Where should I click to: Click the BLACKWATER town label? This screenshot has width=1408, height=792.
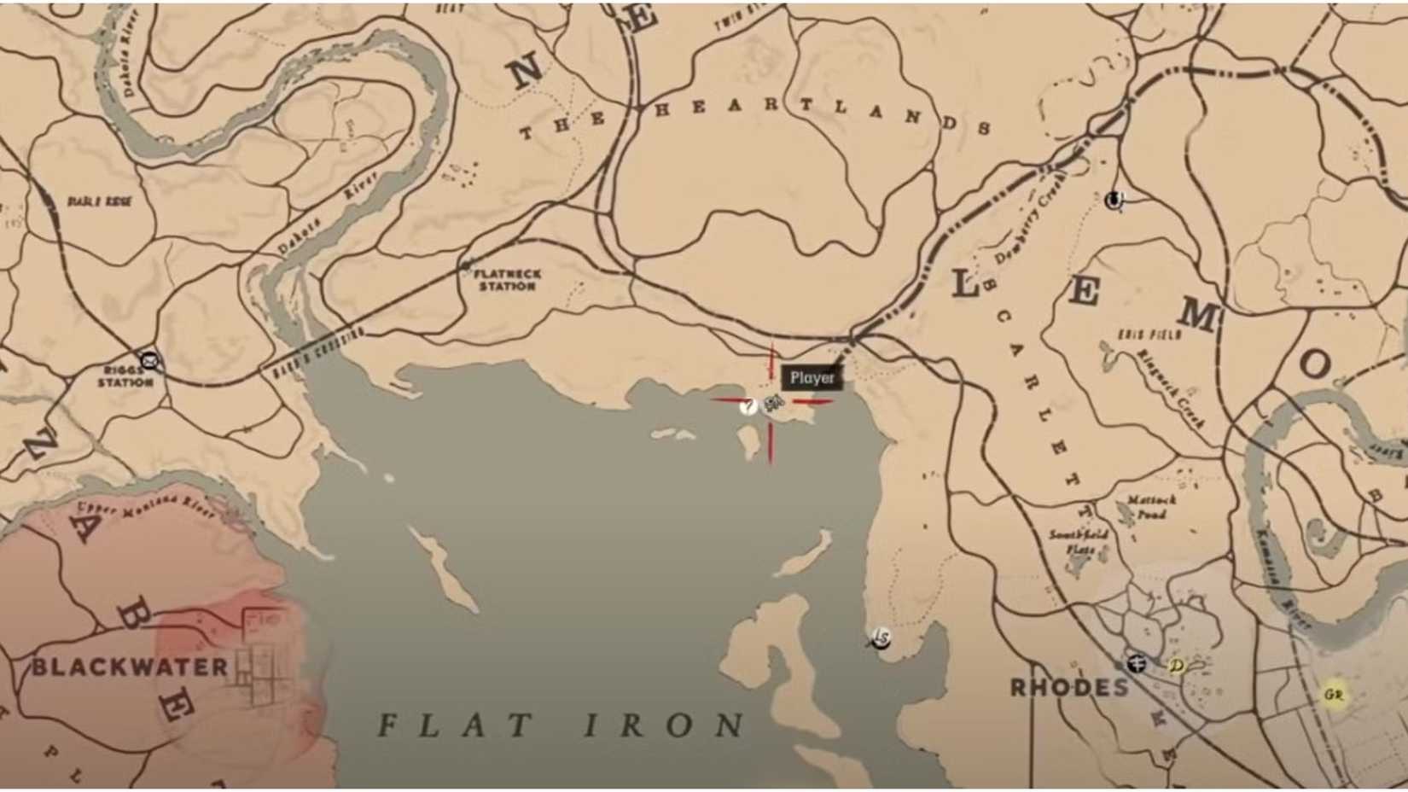coord(130,667)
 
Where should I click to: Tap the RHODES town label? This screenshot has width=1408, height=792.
coord(1069,687)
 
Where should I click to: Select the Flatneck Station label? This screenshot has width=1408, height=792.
coord(506,280)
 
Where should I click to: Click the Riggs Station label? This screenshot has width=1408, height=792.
coord(125,376)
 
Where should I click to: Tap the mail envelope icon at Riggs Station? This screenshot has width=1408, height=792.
coord(151,360)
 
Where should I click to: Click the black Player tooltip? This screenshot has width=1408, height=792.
coord(812,378)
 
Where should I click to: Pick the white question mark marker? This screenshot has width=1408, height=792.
coord(748,406)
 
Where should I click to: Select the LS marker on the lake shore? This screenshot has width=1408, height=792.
coord(880,638)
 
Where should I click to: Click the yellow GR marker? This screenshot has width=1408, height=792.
coord(1333,696)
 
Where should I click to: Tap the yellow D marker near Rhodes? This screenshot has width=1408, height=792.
coord(1178,666)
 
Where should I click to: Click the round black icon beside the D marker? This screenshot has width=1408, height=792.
coord(1136,663)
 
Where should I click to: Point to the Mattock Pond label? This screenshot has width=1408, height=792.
coord(1150,507)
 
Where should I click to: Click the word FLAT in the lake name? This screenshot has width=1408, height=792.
coord(457,725)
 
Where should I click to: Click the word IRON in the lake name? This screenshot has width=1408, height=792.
coord(665,725)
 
